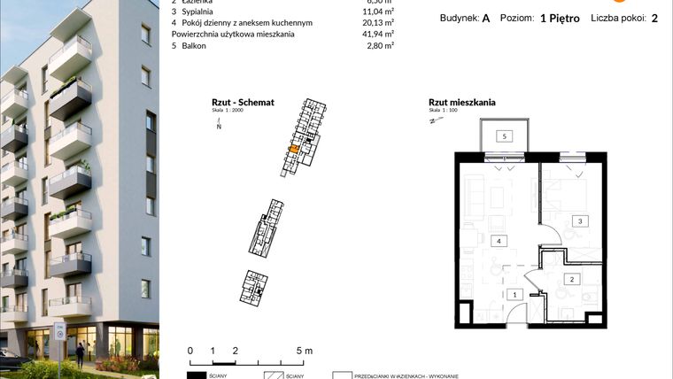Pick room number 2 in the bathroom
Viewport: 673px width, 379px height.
[x=572, y=280]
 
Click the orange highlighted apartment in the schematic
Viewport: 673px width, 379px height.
[x=293, y=150]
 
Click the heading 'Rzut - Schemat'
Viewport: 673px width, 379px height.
[x=242, y=103]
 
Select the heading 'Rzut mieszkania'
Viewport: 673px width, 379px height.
[x=461, y=103]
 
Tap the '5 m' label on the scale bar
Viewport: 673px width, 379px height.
[x=303, y=351]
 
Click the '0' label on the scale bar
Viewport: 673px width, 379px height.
[x=190, y=351]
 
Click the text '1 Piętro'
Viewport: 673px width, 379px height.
[x=566, y=18]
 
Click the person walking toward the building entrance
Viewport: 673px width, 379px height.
[x=80, y=352]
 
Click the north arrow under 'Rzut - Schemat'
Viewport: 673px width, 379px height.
[x=219, y=126]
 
